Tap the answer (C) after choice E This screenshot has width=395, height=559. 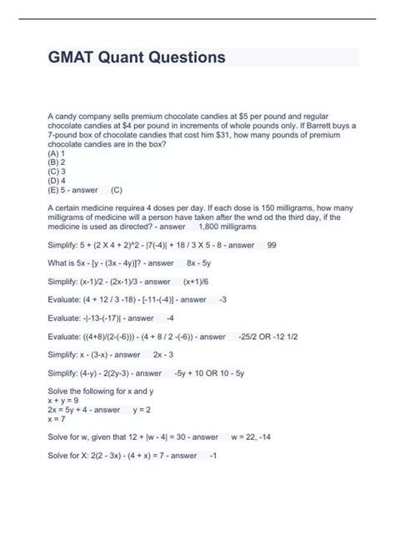(117, 189)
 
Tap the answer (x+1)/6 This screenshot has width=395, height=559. (202, 282)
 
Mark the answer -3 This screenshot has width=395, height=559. (223, 300)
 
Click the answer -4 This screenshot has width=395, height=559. (170, 318)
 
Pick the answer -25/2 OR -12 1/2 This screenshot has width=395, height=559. (279, 337)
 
